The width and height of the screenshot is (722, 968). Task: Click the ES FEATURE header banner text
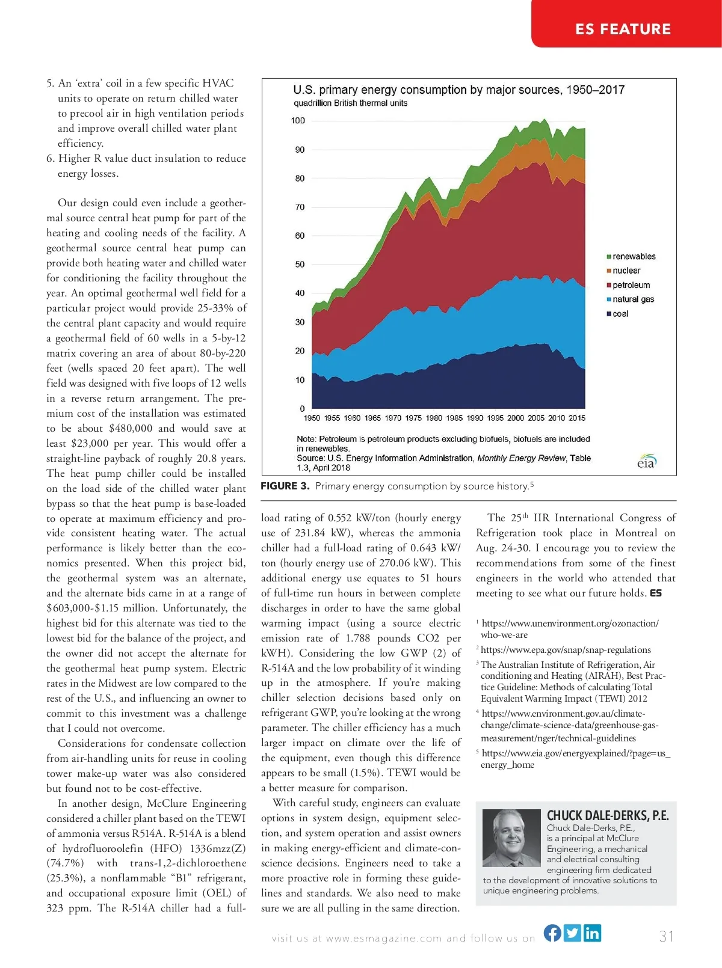pos(623,29)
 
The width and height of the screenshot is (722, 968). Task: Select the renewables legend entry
pos(631,256)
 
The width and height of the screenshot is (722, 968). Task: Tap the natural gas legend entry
pos(630,299)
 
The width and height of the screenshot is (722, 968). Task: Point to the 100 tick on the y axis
pos(298,121)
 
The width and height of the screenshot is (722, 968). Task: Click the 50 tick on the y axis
pos(300,265)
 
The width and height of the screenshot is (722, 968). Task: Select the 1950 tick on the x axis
pos(312,418)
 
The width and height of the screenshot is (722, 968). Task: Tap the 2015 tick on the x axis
pos(576,418)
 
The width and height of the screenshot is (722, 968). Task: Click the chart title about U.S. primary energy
pos(458,90)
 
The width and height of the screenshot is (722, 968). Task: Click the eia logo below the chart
pos(646,462)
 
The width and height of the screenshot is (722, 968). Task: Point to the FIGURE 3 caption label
pos(285,486)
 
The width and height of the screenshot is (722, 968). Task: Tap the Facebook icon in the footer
pos(552,933)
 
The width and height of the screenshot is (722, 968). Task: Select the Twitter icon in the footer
pos(573,933)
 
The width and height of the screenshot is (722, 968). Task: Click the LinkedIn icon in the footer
pos(592,933)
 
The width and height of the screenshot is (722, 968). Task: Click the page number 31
pos(666,936)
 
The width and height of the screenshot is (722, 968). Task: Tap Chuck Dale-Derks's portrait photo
pos(511,838)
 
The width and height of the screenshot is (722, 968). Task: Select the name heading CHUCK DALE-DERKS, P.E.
pos(607,816)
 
